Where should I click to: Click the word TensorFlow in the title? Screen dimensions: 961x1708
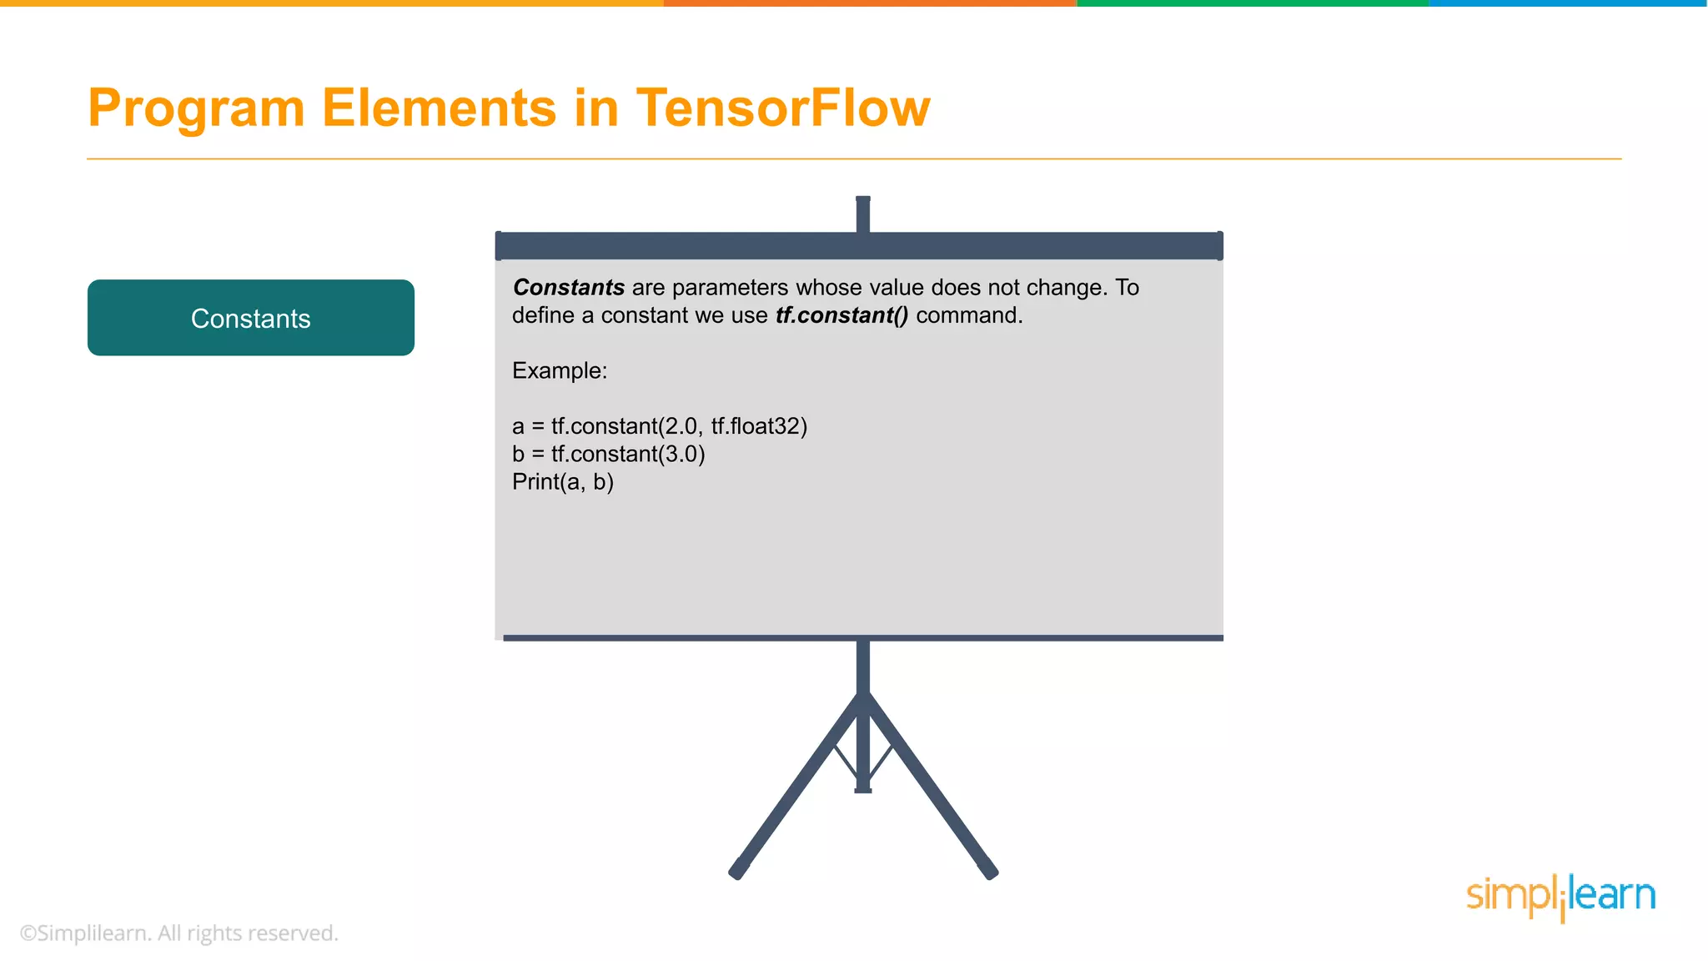point(782,108)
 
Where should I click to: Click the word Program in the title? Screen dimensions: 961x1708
point(197,108)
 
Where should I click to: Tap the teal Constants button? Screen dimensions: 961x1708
point(250,318)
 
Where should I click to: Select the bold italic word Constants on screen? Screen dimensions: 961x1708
point(569,288)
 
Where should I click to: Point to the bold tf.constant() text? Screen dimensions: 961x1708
point(841,315)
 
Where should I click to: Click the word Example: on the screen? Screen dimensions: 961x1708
point(560,370)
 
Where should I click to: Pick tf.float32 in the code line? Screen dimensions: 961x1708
point(758,426)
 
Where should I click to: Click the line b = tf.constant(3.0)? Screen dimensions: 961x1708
point(608,454)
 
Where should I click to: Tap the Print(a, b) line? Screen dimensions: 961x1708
point(563,482)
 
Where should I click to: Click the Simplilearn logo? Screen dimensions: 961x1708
point(1560,897)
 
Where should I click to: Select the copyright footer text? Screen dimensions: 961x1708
point(178,933)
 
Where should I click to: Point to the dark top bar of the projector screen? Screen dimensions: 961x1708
point(859,246)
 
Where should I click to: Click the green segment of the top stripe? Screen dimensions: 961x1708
point(1251,3)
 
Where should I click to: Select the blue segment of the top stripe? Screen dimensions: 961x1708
point(1568,3)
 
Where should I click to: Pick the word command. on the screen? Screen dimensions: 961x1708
point(969,315)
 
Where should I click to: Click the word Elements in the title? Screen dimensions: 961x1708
point(440,108)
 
